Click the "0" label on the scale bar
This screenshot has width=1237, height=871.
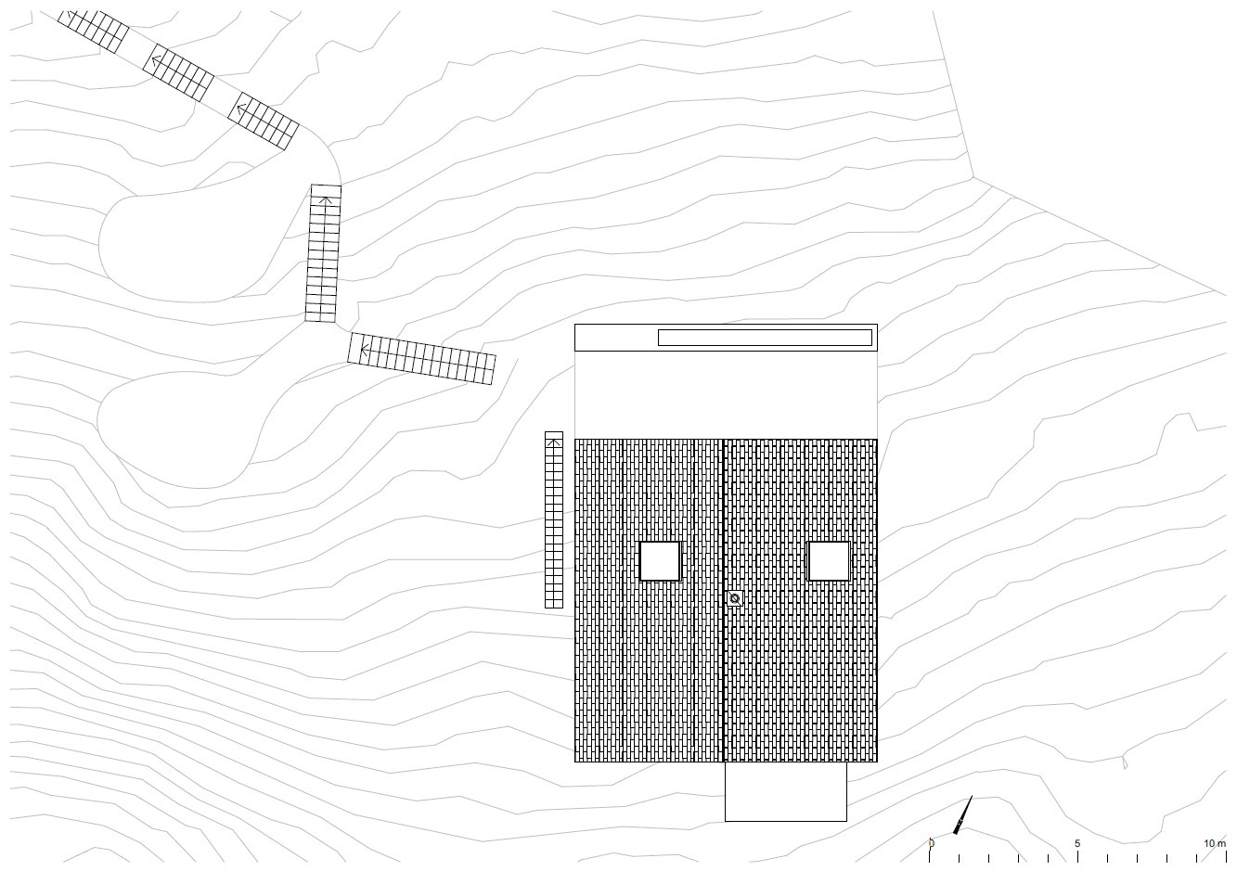click(931, 843)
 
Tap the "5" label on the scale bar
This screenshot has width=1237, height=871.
click(1077, 843)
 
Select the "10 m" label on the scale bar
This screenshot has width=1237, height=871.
click(1215, 843)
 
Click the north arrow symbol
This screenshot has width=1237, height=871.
click(962, 814)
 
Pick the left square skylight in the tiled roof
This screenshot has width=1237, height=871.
click(660, 561)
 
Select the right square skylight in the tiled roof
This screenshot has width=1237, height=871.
click(829, 561)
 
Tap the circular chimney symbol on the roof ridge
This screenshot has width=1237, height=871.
click(734, 598)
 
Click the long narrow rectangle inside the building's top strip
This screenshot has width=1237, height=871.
click(765, 338)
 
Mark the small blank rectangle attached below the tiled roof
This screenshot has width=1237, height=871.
click(786, 791)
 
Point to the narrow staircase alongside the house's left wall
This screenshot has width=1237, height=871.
click(554, 520)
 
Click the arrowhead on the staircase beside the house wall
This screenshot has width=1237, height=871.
click(554, 442)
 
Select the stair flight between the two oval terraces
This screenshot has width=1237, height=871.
click(324, 253)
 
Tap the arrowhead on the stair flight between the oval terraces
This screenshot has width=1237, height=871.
click(326, 200)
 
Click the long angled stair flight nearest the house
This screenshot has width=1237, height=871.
click(421, 358)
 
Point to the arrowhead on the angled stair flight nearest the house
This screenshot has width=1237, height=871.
click(364, 349)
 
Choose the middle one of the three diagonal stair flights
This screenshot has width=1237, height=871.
click(178, 73)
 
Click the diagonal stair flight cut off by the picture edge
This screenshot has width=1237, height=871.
click(94, 32)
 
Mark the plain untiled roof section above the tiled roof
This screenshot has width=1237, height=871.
click(726, 395)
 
